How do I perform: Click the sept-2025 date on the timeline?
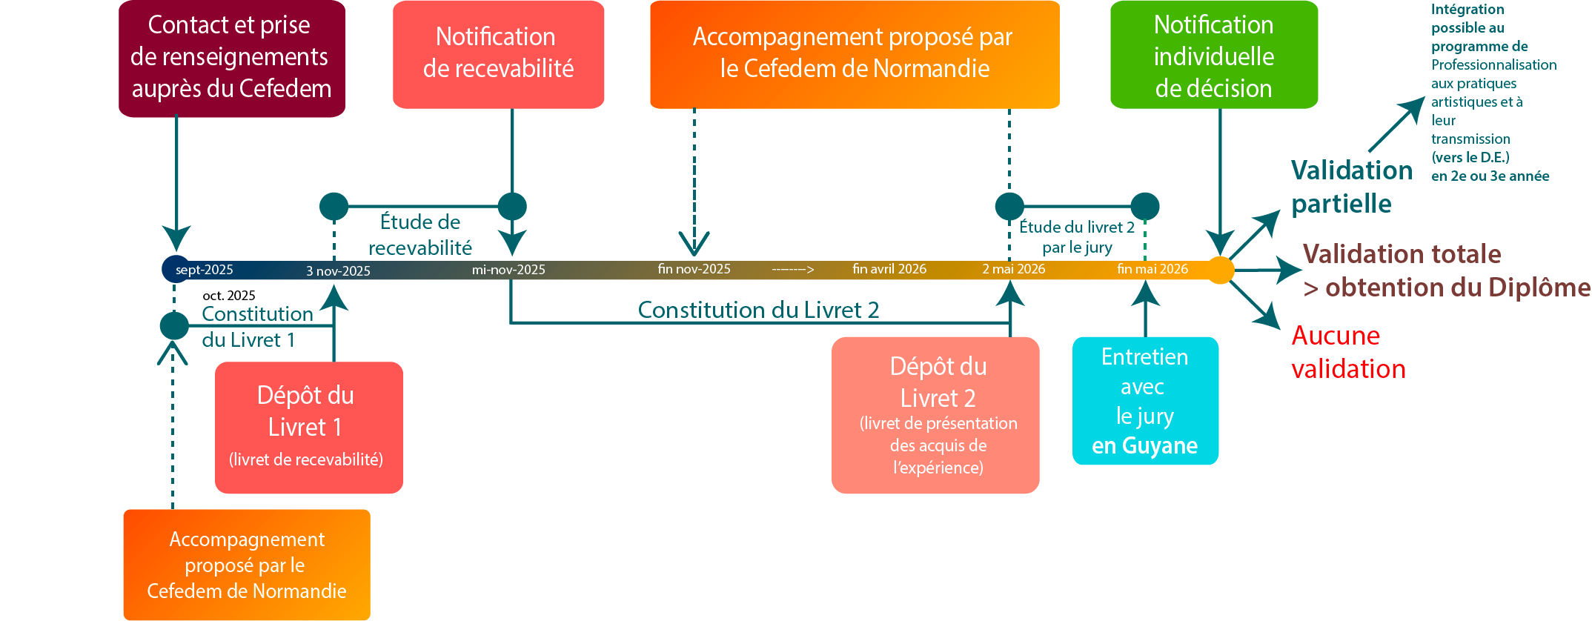point(204,270)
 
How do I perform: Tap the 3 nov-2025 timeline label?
point(338,270)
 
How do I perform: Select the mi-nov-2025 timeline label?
point(508,270)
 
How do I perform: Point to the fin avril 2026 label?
point(889,269)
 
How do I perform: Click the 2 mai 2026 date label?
point(1013,269)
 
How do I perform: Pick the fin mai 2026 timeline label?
point(1152,269)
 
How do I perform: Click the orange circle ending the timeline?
point(1220,270)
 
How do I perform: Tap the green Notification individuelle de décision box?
point(1213,56)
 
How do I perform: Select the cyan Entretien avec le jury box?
point(1144,400)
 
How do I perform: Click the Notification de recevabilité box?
point(498,54)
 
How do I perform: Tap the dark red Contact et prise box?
point(231,58)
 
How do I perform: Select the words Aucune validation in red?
point(1347,352)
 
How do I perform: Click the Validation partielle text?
point(1350,187)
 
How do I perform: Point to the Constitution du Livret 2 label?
point(758,310)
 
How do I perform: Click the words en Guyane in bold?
point(1144,445)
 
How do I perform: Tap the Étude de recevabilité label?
point(420,234)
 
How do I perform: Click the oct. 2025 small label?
point(228,296)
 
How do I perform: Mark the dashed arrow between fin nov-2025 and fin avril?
point(792,269)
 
